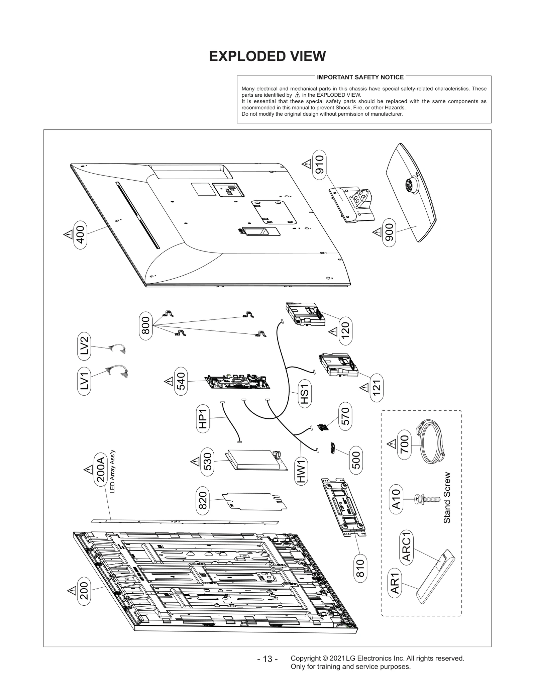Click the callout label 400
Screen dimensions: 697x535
tap(80, 234)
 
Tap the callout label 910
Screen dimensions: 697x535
tap(319, 165)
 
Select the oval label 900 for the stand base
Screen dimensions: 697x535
tap(389, 232)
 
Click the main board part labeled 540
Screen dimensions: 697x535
tap(238, 382)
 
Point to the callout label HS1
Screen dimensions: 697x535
tap(305, 394)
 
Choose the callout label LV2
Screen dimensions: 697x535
tap(84, 346)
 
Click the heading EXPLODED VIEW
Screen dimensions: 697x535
tap(267, 56)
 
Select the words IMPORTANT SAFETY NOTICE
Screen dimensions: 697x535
tap(360, 77)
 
